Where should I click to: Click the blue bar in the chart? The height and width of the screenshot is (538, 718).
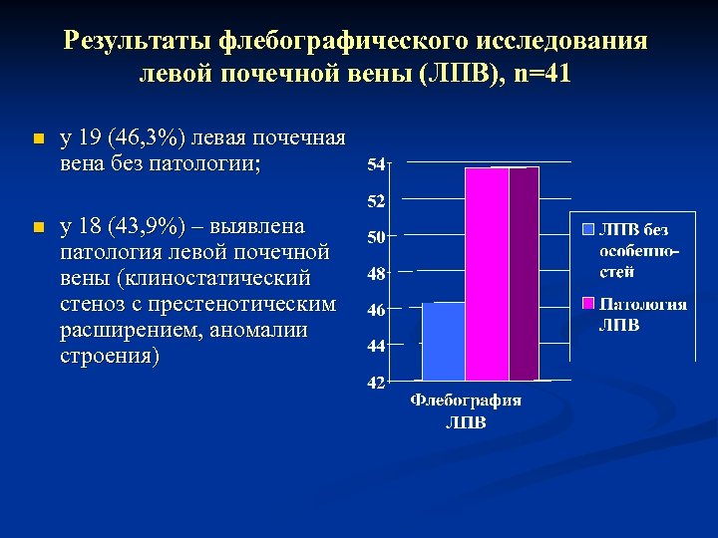pyautogui.click(x=443, y=341)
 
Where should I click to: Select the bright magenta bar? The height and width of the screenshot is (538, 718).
pyautogui.click(x=487, y=274)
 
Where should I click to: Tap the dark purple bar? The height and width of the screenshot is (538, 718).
pyautogui.click(x=524, y=274)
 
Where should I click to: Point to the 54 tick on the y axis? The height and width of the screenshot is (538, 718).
pyautogui.click(x=378, y=163)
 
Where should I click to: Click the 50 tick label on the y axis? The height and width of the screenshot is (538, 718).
pyautogui.click(x=378, y=237)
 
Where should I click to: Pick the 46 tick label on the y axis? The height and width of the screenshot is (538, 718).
pyautogui.click(x=378, y=310)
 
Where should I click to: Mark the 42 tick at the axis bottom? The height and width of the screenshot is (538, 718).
pyautogui.click(x=378, y=383)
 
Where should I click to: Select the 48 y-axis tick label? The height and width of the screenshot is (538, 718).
pyautogui.click(x=378, y=273)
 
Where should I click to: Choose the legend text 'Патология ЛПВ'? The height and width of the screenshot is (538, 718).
pyautogui.click(x=640, y=314)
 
